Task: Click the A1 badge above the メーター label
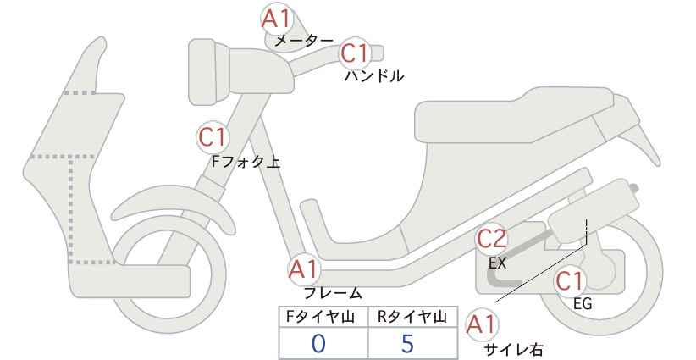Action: click(276, 19)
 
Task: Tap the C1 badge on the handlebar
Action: click(355, 53)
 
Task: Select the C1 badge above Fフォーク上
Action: click(213, 137)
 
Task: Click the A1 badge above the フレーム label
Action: click(304, 269)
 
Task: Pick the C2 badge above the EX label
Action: click(491, 239)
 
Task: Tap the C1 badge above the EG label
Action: click(570, 281)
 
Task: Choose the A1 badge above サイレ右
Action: click(482, 325)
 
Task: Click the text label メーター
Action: click(304, 41)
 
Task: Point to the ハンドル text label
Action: click(374, 76)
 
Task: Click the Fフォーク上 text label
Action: click(246, 161)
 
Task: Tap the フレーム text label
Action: click(333, 293)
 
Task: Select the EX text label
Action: click(498, 263)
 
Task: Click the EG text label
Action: click(583, 304)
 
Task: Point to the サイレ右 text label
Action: click(514, 349)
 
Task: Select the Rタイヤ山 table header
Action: click(412, 317)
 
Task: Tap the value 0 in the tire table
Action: click(318, 344)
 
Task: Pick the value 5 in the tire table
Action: click(407, 344)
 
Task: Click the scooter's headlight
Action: click(208, 72)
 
